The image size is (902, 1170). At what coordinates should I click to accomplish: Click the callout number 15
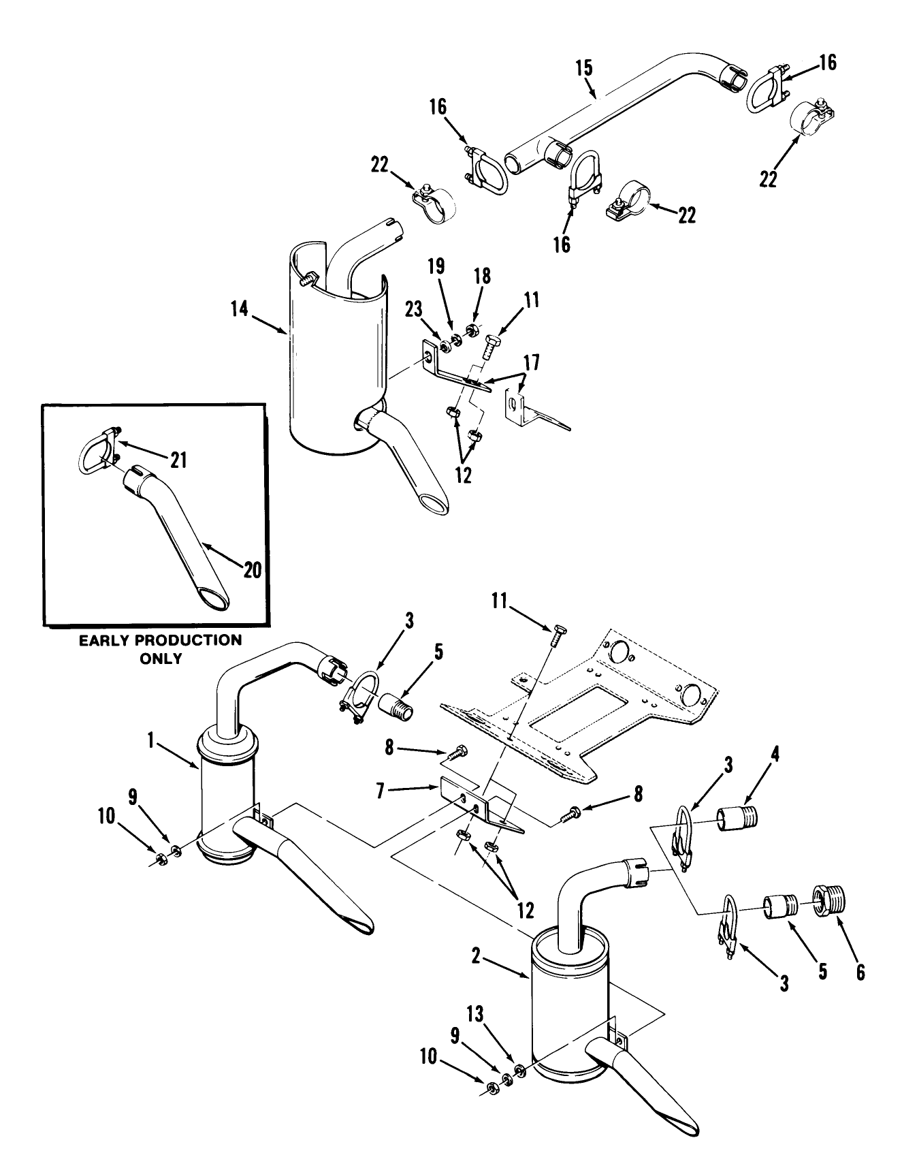(x=584, y=68)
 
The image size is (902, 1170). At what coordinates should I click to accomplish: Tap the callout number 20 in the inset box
(x=252, y=569)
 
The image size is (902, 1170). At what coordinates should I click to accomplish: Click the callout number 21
(x=178, y=461)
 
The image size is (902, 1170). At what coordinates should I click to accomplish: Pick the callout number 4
(x=775, y=754)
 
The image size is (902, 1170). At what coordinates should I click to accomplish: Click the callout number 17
(x=531, y=363)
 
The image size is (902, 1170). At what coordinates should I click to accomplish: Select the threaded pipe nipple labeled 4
(x=738, y=817)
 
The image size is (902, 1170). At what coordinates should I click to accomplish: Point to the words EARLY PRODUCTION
(x=160, y=640)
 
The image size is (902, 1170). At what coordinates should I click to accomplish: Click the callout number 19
(x=436, y=266)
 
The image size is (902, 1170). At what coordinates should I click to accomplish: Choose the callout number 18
(x=483, y=274)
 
